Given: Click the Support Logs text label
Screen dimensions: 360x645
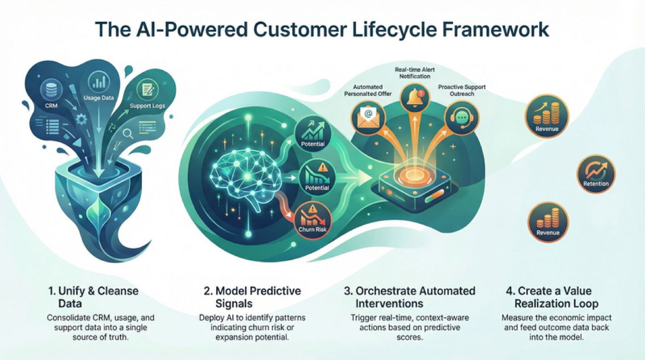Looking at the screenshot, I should tap(147, 106).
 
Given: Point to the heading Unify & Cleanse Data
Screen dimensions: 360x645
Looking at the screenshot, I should tap(93, 297).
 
